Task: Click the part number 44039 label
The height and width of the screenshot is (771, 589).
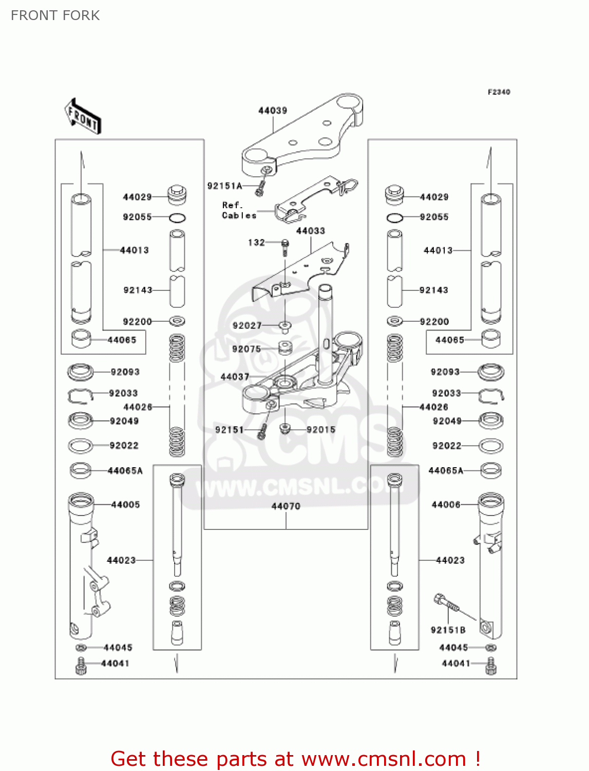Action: pyautogui.click(x=273, y=111)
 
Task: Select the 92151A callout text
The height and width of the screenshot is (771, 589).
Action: pyautogui.click(x=224, y=186)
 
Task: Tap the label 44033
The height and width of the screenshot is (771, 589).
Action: pyautogui.click(x=311, y=231)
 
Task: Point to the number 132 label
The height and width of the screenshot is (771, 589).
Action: pyautogui.click(x=256, y=243)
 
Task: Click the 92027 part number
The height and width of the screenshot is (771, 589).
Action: pyautogui.click(x=247, y=325)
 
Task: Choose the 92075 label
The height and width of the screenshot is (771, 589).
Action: pyautogui.click(x=246, y=349)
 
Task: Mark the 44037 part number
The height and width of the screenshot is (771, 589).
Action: pyautogui.click(x=235, y=377)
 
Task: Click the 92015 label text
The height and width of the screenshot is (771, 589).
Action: pyautogui.click(x=321, y=430)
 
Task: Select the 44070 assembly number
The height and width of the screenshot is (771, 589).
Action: pyautogui.click(x=286, y=506)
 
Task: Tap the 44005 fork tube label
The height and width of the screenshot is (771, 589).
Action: pyautogui.click(x=125, y=505)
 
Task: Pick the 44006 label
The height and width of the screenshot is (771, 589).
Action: pyautogui.click(x=446, y=505)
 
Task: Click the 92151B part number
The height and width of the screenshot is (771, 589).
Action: pyautogui.click(x=448, y=630)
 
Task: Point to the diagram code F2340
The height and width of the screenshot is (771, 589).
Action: pyautogui.click(x=499, y=92)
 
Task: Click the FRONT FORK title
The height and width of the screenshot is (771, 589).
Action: pyautogui.click(x=55, y=15)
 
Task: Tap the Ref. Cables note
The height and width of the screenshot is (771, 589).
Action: pyautogui.click(x=239, y=210)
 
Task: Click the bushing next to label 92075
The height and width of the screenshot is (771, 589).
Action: pyautogui.click(x=285, y=347)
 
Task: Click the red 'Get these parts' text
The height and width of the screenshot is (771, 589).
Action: pyautogui.click(x=295, y=759)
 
